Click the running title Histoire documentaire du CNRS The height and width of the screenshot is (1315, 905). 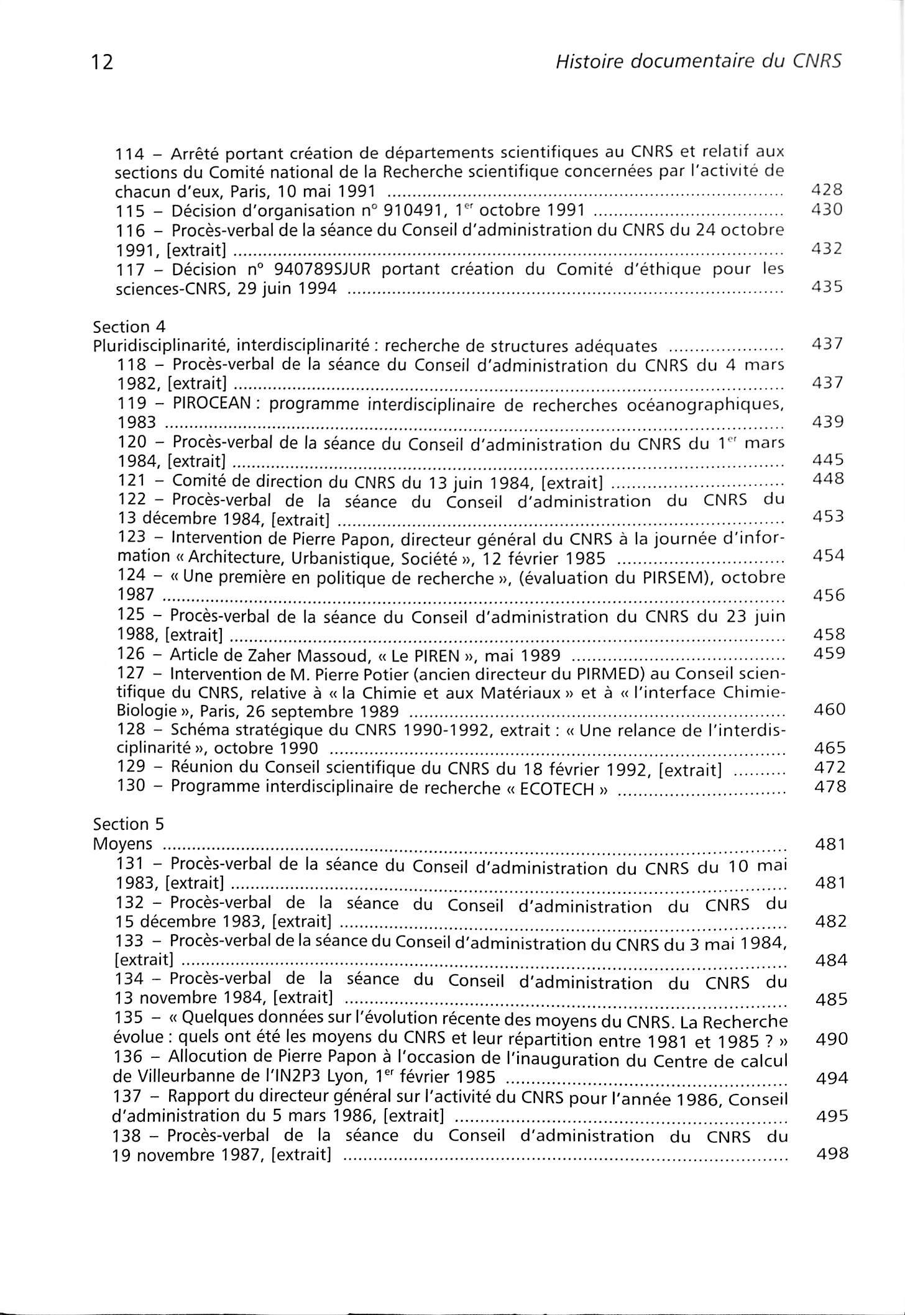tap(698, 61)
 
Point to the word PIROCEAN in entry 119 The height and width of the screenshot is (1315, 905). tap(211, 404)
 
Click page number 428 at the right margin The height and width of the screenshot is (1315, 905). tap(827, 189)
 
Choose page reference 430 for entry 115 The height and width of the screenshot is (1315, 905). tap(827, 209)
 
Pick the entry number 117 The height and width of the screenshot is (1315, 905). tap(131, 270)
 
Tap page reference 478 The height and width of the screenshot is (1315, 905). tap(830, 786)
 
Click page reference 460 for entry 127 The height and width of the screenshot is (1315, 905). tap(830, 709)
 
